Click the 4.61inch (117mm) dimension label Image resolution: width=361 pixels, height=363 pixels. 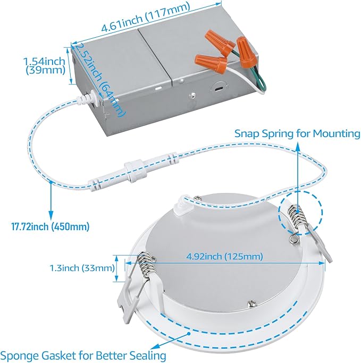tap(146, 17)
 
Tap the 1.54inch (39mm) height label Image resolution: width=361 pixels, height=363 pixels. tap(45, 65)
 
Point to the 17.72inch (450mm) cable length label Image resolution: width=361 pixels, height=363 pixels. tap(51, 226)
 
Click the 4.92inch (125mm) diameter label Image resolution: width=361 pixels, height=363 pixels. tap(224, 256)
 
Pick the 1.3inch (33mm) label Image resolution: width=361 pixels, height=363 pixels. tap(82, 268)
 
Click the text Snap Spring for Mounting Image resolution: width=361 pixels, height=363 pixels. tap(297, 133)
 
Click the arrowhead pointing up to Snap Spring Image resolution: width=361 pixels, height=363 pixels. tap(298, 147)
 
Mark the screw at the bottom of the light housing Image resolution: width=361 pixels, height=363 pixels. tap(251, 303)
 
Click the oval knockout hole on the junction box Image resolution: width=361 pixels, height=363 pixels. tap(219, 89)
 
